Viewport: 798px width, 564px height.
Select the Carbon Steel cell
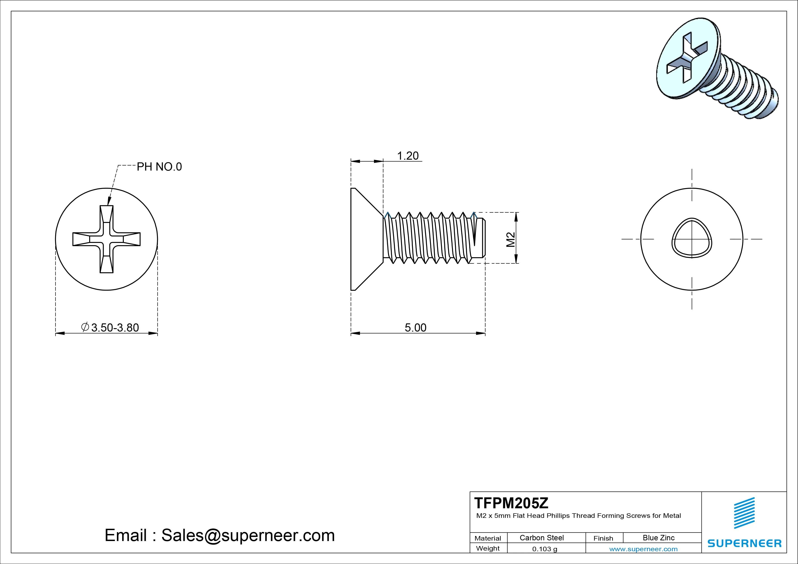pyautogui.click(x=541, y=538)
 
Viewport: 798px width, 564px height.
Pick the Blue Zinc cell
pyautogui.click(x=659, y=538)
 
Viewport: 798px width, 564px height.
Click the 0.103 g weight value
pyautogui.click(x=545, y=549)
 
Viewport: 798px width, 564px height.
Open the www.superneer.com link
pyautogui.click(x=643, y=549)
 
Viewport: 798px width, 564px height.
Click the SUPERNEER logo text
pyautogui.click(x=745, y=543)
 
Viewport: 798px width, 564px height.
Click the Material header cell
pyautogui.click(x=488, y=538)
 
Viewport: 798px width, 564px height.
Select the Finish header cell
pyautogui.click(x=603, y=538)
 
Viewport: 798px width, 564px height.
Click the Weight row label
pyautogui.click(x=488, y=548)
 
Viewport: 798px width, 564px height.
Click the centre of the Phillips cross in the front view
pyautogui.click(x=106, y=239)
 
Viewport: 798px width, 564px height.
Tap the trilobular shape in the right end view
pyautogui.click(x=692, y=238)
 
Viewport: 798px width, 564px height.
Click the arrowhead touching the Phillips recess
pyautogui.click(x=109, y=201)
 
